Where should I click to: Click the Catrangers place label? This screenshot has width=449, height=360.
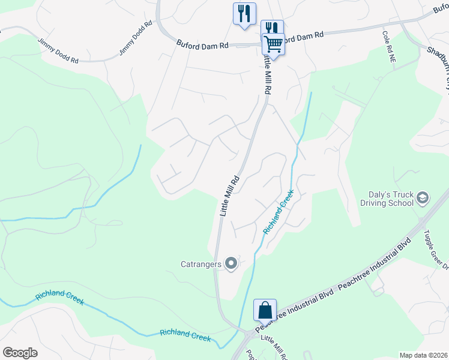tap(200, 263)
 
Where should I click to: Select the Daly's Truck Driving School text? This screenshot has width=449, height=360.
tap(387, 199)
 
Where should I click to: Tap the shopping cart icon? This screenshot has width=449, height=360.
tap(273, 44)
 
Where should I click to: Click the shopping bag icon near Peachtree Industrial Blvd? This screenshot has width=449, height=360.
tap(265, 310)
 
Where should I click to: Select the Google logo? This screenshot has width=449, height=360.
tap(20, 353)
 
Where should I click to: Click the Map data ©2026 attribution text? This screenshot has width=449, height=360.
tap(423, 355)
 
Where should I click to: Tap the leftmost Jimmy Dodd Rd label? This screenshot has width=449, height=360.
tap(58, 51)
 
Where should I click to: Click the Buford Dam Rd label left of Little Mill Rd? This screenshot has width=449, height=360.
tap(203, 44)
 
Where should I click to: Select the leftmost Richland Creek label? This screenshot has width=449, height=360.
tap(59, 298)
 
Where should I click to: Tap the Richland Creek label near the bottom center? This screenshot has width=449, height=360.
tap(185, 335)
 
